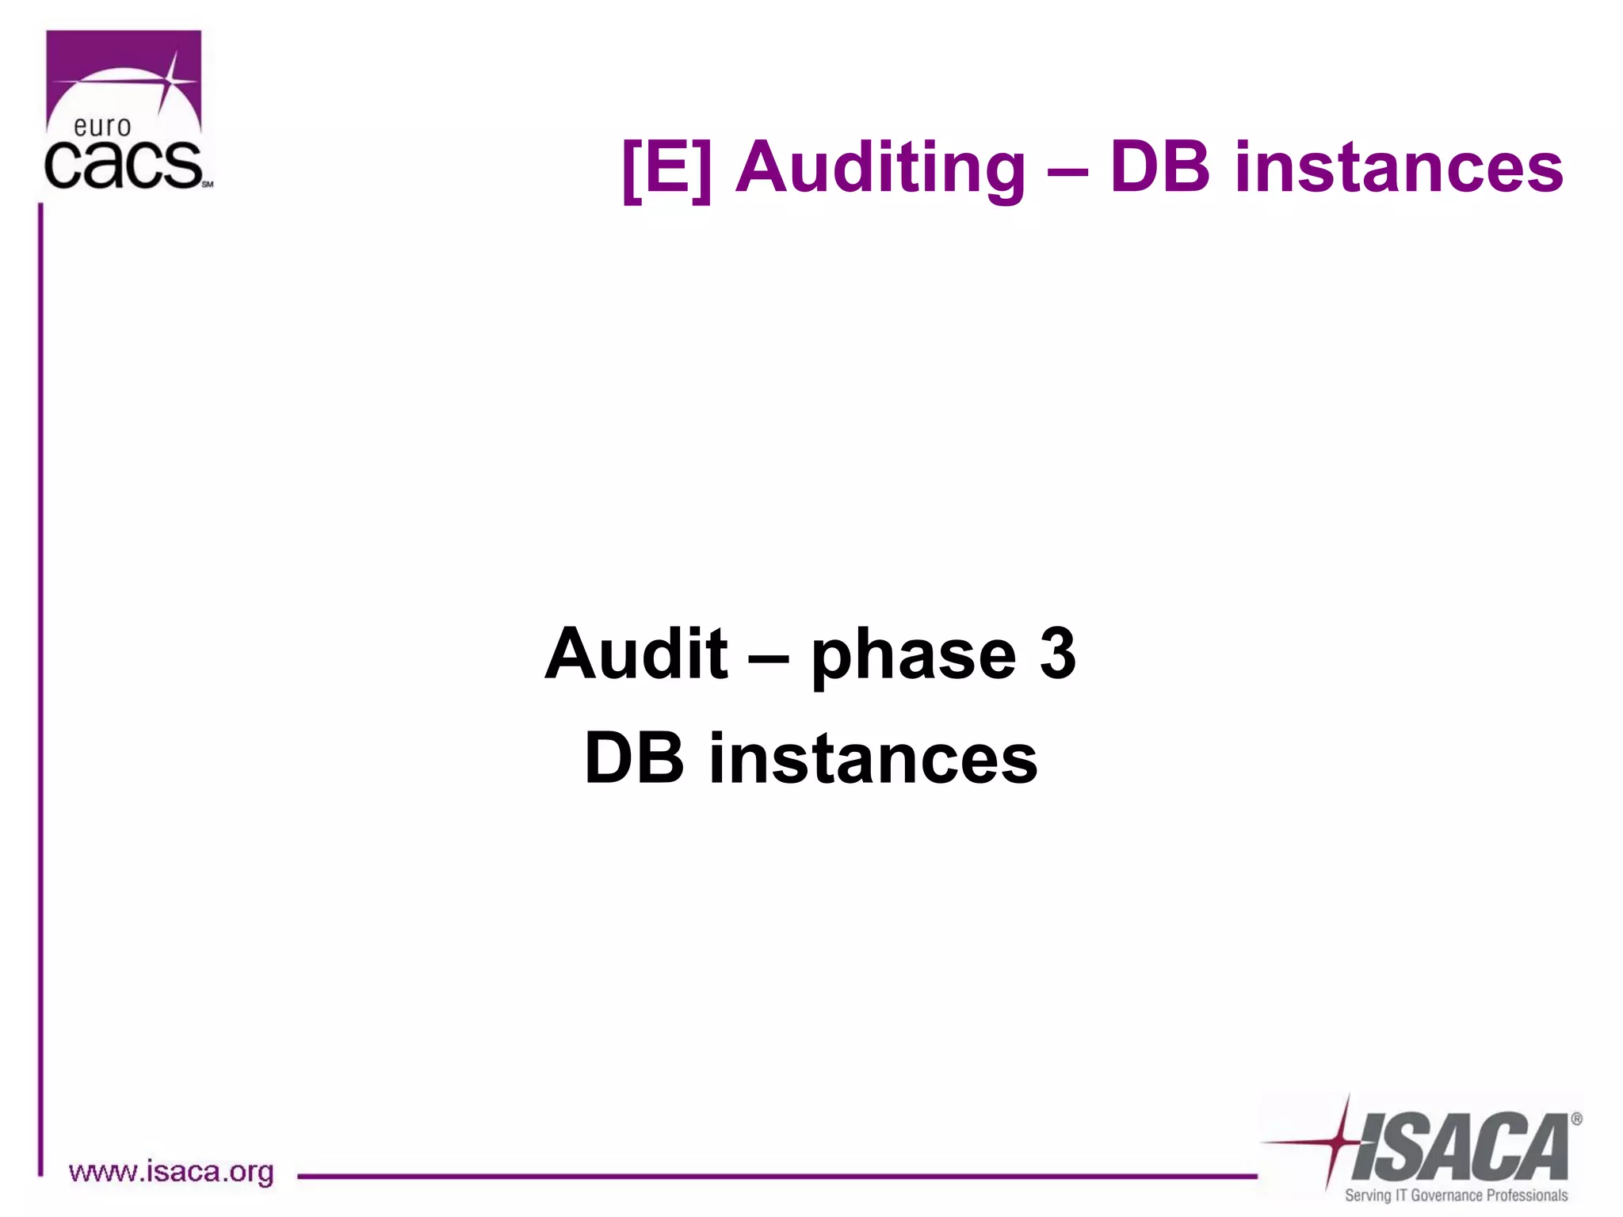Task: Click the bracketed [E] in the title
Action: pyautogui.click(x=667, y=168)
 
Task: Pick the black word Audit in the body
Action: pyautogui.click(x=636, y=654)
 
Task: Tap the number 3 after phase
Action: pyautogui.click(x=1057, y=654)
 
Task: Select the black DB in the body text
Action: pyautogui.click(x=634, y=759)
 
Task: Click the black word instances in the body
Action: pyautogui.click(x=873, y=759)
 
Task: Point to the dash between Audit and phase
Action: pyautogui.click(x=768, y=658)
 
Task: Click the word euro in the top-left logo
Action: pyautogui.click(x=102, y=127)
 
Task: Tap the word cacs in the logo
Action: pyautogui.click(x=123, y=166)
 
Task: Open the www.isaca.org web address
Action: pyautogui.click(x=171, y=1172)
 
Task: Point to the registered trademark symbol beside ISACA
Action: pyautogui.click(x=1576, y=1120)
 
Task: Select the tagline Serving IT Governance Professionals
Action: pyautogui.click(x=1456, y=1196)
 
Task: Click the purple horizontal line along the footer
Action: pyautogui.click(x=777, y=1177)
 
